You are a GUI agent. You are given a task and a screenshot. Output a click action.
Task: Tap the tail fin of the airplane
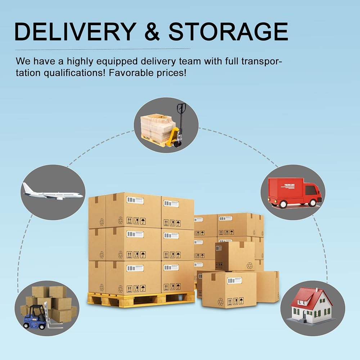tap(26, 187)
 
